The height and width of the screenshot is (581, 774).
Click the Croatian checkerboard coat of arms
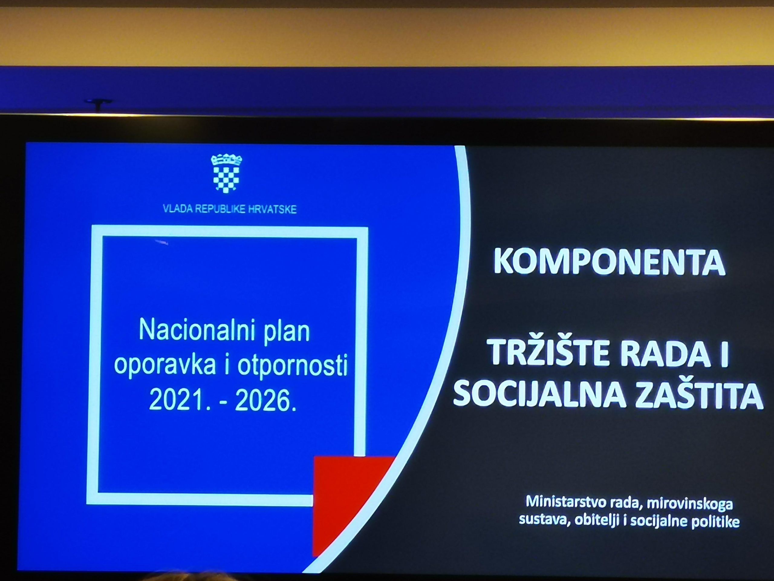click(x=226, y=173)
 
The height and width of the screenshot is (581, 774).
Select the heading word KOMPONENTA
click(x=609, y=262)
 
